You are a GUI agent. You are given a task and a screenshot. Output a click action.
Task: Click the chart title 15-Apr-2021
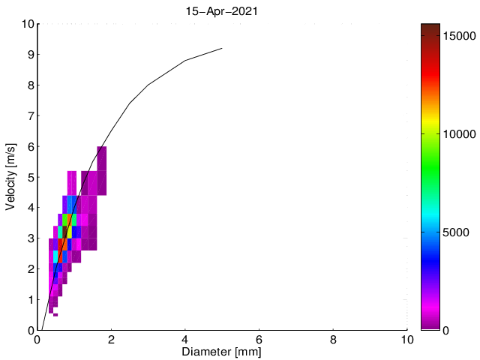222,11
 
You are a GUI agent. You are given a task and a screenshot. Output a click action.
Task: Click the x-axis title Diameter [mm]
222,351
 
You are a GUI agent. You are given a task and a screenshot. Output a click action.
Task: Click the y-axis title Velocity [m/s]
10,177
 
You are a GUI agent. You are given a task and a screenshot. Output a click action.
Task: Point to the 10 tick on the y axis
26,24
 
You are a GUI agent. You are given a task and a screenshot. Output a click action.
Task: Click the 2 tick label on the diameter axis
111,339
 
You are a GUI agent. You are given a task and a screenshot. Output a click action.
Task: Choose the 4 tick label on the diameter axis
185,339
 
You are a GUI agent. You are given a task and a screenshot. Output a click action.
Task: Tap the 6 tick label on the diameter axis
259,339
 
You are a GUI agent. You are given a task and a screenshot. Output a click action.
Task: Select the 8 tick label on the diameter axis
333,339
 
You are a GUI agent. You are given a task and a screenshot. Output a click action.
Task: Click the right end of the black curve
222,48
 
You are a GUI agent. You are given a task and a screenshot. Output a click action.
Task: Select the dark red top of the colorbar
430,27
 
